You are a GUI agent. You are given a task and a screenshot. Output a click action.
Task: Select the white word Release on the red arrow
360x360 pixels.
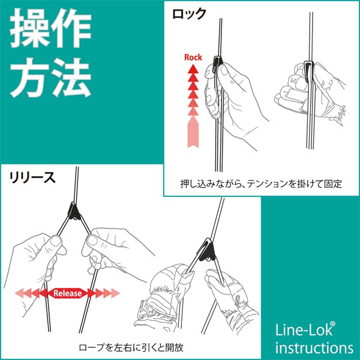(x=67, y=293)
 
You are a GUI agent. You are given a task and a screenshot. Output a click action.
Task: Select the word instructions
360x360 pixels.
(x=314, y=347)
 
